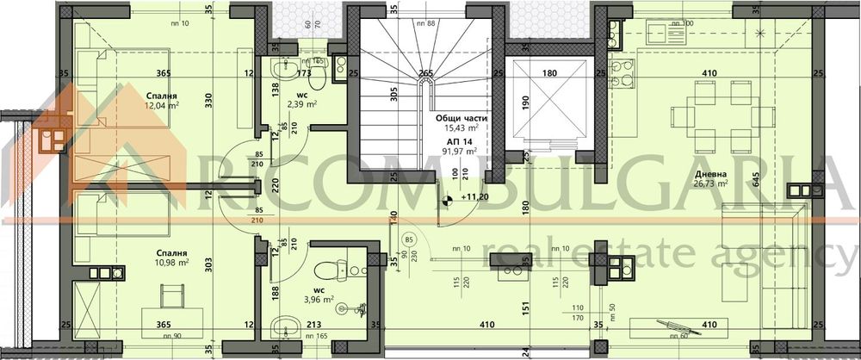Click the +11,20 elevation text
tap(474, 198)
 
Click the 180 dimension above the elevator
tap(550, 74)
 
